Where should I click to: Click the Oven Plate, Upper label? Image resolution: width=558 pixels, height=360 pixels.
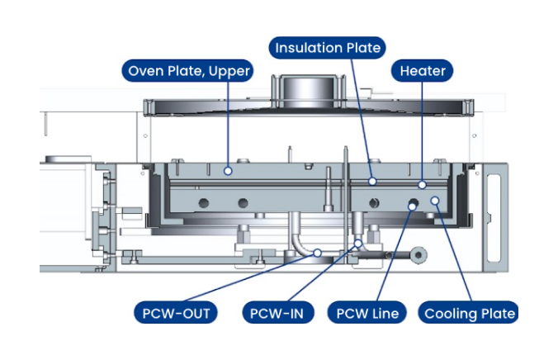(187, 71)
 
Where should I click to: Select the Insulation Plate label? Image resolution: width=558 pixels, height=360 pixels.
(328, 48)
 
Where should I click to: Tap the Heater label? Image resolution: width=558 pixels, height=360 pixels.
(423, 71)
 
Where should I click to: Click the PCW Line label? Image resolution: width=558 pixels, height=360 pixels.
(367, 313)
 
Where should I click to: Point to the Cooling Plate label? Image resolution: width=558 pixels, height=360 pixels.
(470, 313)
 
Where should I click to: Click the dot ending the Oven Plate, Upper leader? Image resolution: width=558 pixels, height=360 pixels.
(229, 171)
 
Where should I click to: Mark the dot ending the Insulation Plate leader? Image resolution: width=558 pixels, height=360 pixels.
(372, 181)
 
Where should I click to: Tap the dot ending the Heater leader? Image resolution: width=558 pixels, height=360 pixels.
(423, 185)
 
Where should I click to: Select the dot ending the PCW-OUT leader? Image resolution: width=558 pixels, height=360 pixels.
(316, 253)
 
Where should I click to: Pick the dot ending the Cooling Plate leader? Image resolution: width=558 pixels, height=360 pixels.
(434, 201)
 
